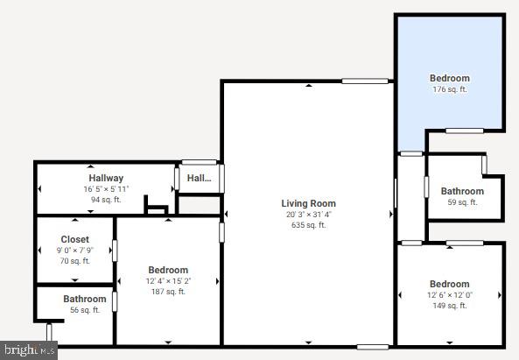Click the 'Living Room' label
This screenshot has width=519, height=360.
[308, 203]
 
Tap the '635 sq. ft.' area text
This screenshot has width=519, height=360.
[308, 225]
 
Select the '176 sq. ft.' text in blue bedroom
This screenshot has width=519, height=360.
[450, 89]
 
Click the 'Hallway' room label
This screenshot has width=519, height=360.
[106, 178]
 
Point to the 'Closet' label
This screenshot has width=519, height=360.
[74, 239]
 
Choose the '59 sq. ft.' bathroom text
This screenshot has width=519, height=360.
[462, 202]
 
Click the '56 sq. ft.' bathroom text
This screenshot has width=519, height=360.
[84, 310]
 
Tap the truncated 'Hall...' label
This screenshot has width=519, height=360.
[200, 178]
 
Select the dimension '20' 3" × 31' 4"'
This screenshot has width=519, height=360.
[308, 215]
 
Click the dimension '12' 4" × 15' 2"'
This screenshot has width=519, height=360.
[167, 281]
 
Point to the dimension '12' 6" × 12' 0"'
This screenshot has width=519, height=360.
[450, 295]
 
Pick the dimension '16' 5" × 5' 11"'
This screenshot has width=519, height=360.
[106, 189]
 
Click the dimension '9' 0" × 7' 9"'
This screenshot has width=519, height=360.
[74, 251]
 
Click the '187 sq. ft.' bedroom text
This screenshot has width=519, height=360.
[167, 292]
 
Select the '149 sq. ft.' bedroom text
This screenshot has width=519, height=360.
[450, 306]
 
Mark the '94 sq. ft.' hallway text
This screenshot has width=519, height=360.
[106, 200]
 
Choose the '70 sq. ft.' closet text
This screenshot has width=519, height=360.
[74, 261]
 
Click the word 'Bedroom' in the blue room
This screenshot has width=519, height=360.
[450, 78]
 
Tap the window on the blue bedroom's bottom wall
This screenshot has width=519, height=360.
[464, 131]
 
